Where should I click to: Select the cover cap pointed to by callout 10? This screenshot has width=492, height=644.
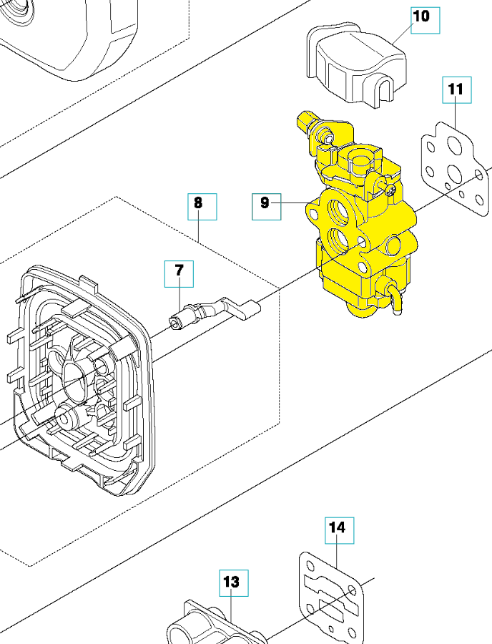(354, 61)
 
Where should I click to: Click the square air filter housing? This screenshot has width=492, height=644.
(79, 379)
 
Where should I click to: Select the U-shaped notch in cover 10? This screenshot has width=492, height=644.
(385, 94)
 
